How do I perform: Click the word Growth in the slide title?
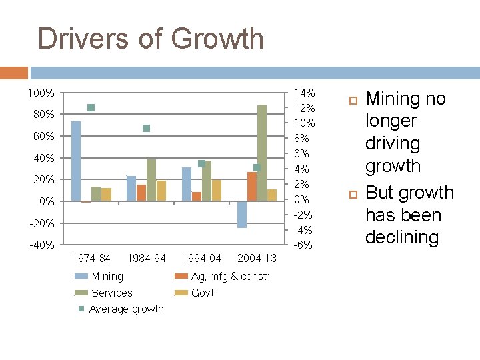click(x=219, y=39)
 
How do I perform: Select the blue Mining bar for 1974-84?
click(x=76, y=161)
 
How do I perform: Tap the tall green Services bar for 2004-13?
click(x=262, y=153)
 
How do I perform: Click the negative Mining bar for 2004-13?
click(x=242, y=215)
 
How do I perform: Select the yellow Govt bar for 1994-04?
click(x=216, y=190)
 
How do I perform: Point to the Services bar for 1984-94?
click(x=151, y=180)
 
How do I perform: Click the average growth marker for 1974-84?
click(x=91, y=107)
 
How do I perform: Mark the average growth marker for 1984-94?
click(x=147, y=128)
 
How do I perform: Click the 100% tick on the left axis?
click(x=41, y=93)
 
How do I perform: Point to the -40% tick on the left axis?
click(x=41, y=245)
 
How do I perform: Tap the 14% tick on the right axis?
click(x=304, y=93)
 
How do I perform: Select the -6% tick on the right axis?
click(x=304, y=245)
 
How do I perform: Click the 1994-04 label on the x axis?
click(x=201, y=258)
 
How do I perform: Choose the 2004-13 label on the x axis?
click(x=257, y=258)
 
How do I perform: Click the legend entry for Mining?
click(x=107, y=276)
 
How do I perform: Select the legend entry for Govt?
click(x=203, y=293)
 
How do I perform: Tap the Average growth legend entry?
click(x=126, y=309)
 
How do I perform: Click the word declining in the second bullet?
click(x=402, y=237)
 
